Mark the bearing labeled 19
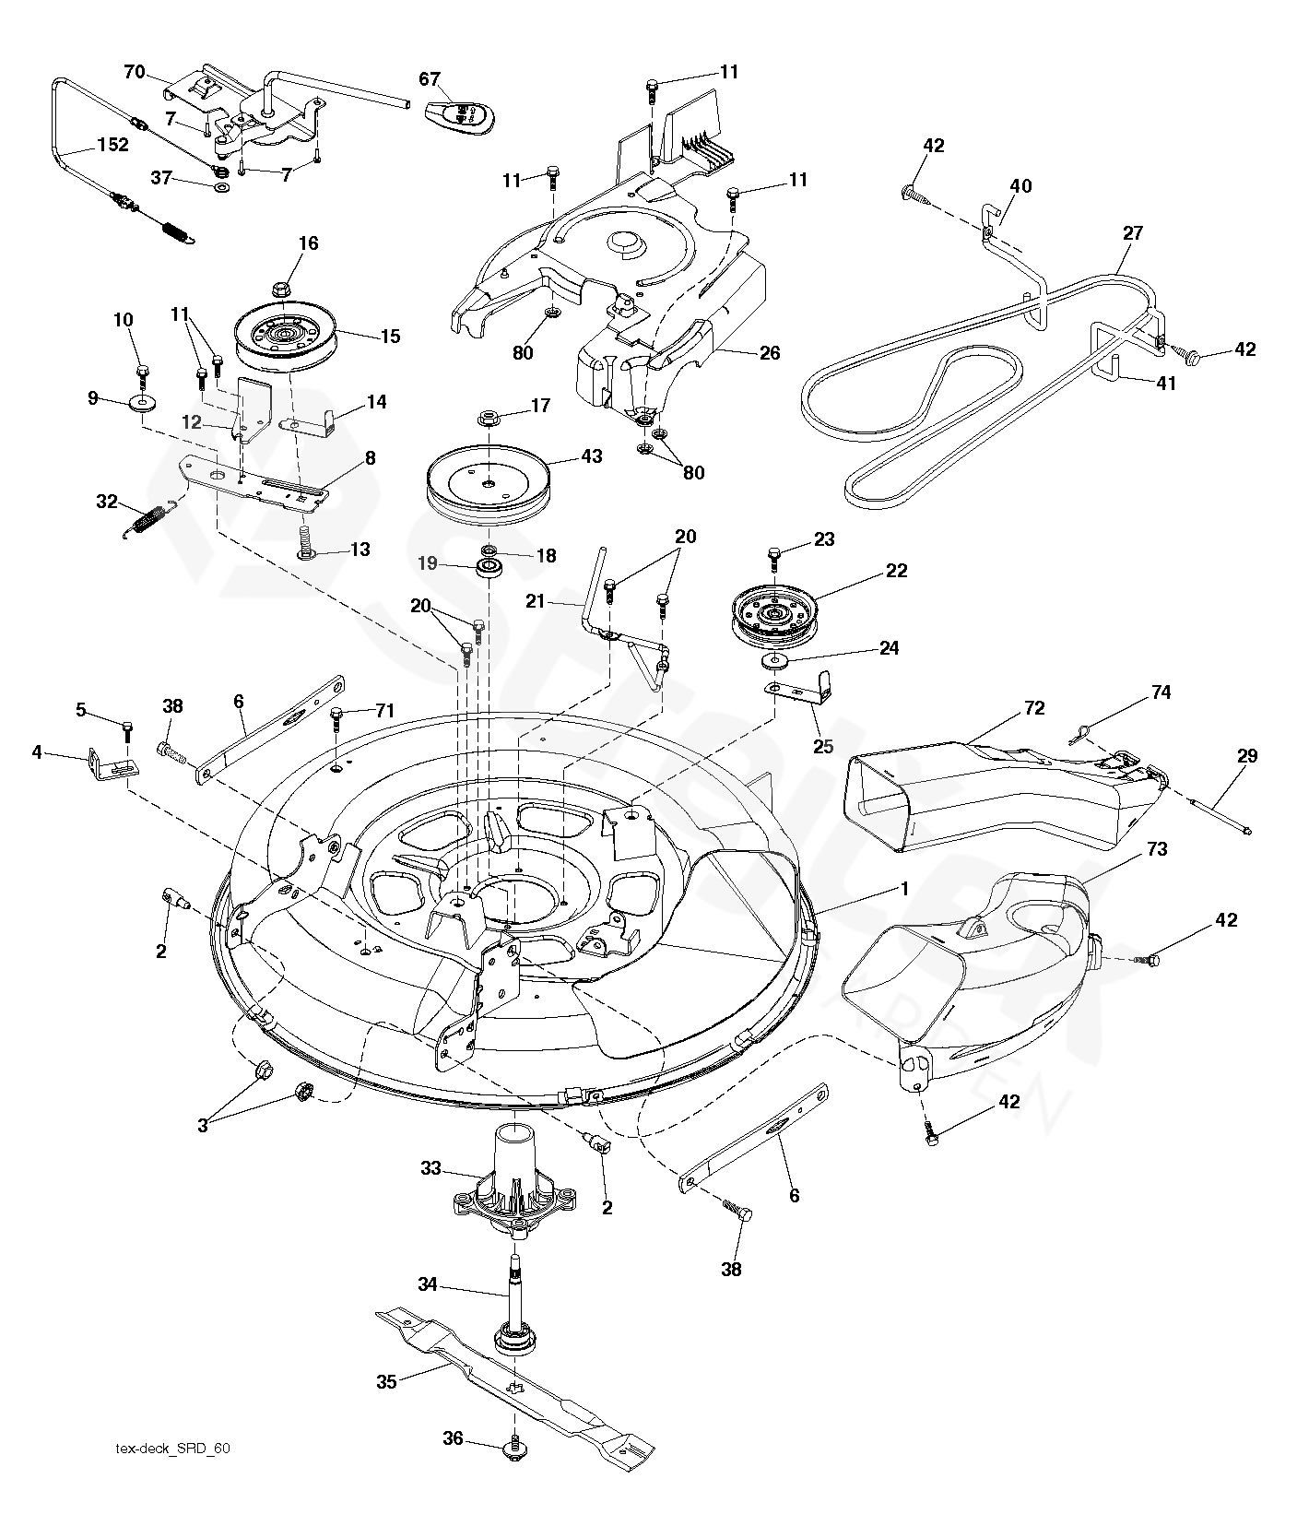(x=488, y=565)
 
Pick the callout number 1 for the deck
(x=905, y=889)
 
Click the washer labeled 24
(x=775, y=661)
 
